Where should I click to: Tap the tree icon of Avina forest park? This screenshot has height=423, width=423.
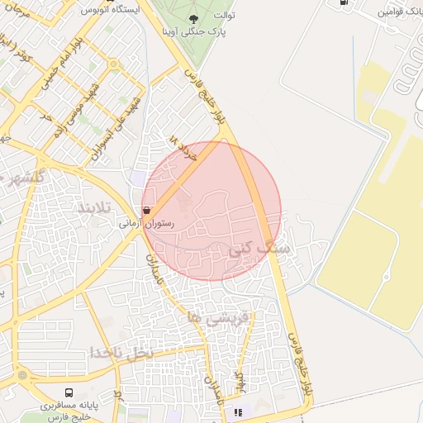click(x=192, y=18)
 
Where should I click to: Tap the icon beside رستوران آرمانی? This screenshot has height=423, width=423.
click(x=147, y=211)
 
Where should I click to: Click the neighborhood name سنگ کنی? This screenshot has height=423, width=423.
click(x=264, y=246)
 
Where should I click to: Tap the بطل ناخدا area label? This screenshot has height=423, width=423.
click(x=122, y=353)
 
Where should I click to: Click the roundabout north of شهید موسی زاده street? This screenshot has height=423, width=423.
click(x=112, y=64)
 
